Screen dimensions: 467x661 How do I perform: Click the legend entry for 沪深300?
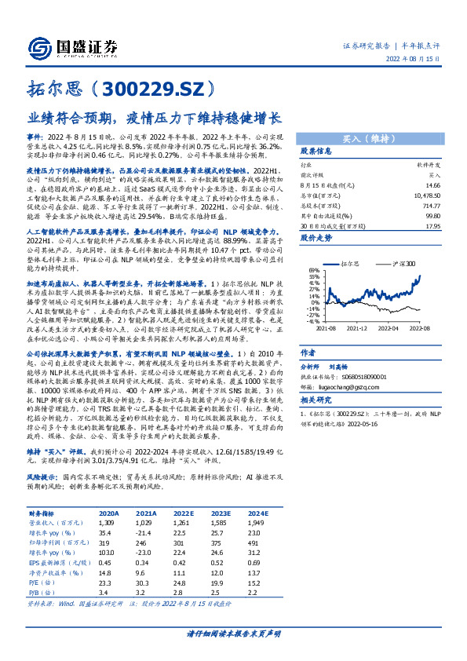pos(406,265)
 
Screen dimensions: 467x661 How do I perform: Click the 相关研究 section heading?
pos(317,399)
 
